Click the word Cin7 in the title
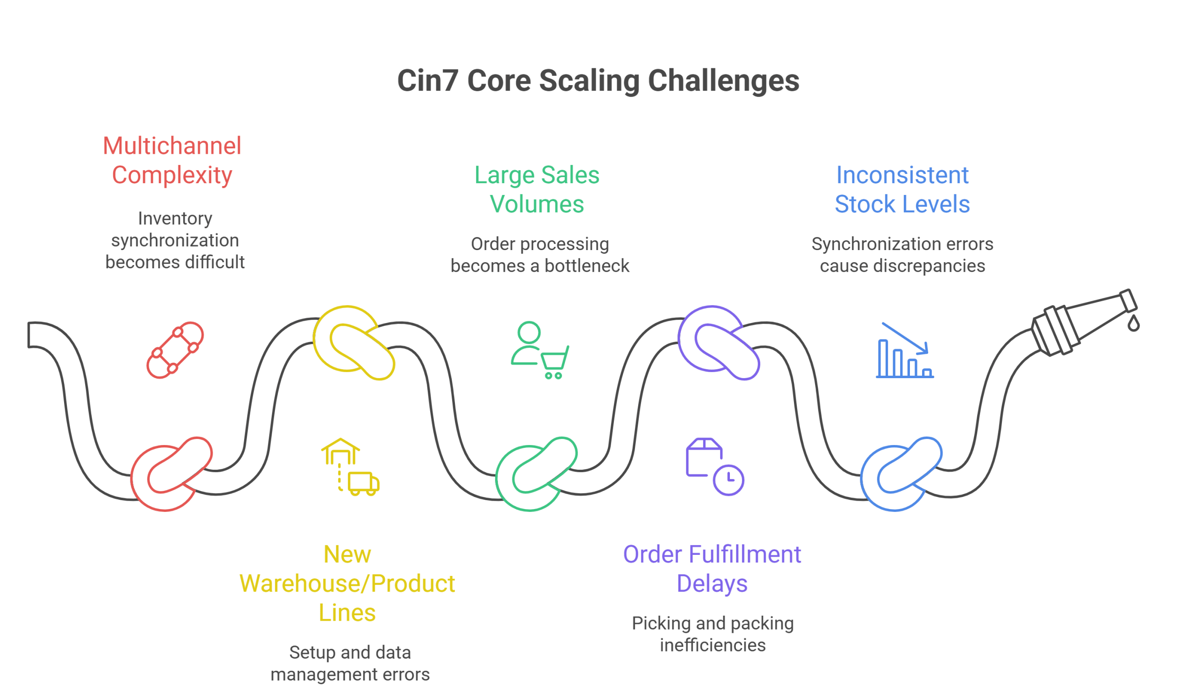427,81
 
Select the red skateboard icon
175,350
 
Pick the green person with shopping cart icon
540,350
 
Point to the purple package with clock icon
715,467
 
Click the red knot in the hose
171,474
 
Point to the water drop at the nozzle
1133,323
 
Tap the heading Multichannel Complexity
172,160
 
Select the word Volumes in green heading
537,204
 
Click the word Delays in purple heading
712,583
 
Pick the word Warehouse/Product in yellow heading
347,583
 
